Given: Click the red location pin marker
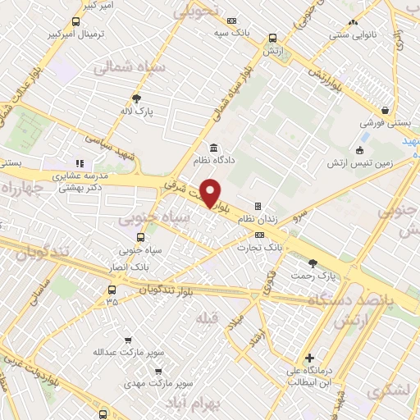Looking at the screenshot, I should tap(211, 193).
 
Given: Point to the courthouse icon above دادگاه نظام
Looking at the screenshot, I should tap(213, 148).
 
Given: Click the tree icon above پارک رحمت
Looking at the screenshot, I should tap(312, 262).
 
